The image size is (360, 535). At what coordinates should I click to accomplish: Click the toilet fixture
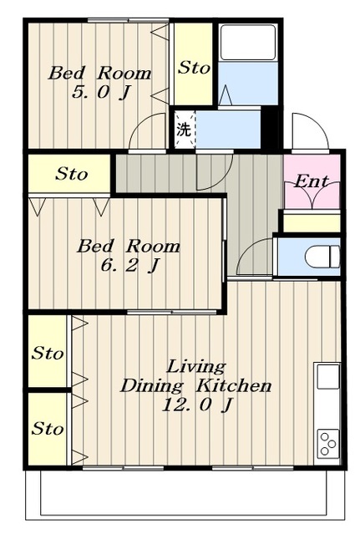pyautogui.click(x=322, y=257)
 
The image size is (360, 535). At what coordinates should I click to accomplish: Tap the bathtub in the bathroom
pyautogui.click(x=247, y=43)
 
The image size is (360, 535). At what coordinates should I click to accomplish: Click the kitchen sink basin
pyautogui.click(x=328, y=376)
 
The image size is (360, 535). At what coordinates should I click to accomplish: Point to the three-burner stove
pyautogui.click(x=328, y=444)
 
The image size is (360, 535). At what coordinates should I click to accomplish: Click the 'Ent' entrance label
pyautogui.click(x=311, y=181)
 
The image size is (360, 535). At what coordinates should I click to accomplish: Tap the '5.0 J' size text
pyautogui.click(x=101, y=92)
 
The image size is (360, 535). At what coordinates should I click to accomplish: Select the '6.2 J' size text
pyautogui.click(x=130, y=266)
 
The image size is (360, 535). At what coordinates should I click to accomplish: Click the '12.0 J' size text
pyautogui.click(x=196, y=405)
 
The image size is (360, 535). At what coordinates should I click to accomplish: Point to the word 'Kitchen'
pyautogui.click(x=234, y=386)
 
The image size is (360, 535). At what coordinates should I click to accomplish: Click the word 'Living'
pyautogui.click(x=196, y=367)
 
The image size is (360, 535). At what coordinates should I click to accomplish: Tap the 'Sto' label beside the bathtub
pyautogui.click(x=194, y=68)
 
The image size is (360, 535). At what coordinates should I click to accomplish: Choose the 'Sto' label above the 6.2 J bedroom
pyautogui.click(x=71, y=174)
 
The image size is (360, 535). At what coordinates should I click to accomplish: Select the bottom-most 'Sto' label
pyautogui.click(x=48, y=429)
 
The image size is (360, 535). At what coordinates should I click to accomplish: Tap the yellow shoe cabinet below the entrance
pyautogui.click(x=312, y=223)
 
